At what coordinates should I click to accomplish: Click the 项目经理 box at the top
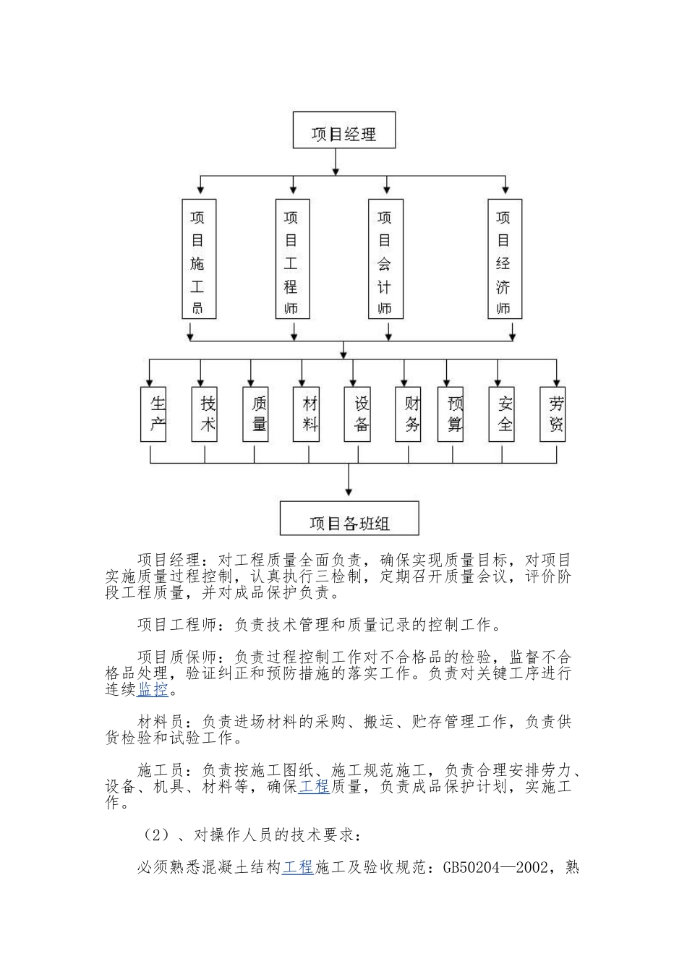tap(343, 130)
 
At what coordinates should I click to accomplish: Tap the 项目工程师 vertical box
tap(292, 259)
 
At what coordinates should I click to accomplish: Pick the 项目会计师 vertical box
tap(385, 259)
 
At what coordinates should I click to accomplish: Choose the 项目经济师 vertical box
tap(505, 259)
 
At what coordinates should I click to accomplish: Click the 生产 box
tap(153, 414)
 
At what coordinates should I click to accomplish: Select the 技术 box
tap(205, 414)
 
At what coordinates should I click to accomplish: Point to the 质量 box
tap(255, 414)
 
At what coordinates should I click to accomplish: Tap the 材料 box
tap(306, 414)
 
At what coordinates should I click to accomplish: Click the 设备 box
tap(357, 414)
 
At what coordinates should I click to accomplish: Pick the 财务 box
tap(408, 414)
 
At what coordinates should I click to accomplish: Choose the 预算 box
tap(451, 414)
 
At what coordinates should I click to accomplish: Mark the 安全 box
tap(501, 414)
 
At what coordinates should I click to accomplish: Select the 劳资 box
tap(552, 414)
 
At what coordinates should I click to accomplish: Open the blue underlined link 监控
tap(153, 689)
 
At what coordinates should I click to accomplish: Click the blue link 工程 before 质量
tap(314, 786)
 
